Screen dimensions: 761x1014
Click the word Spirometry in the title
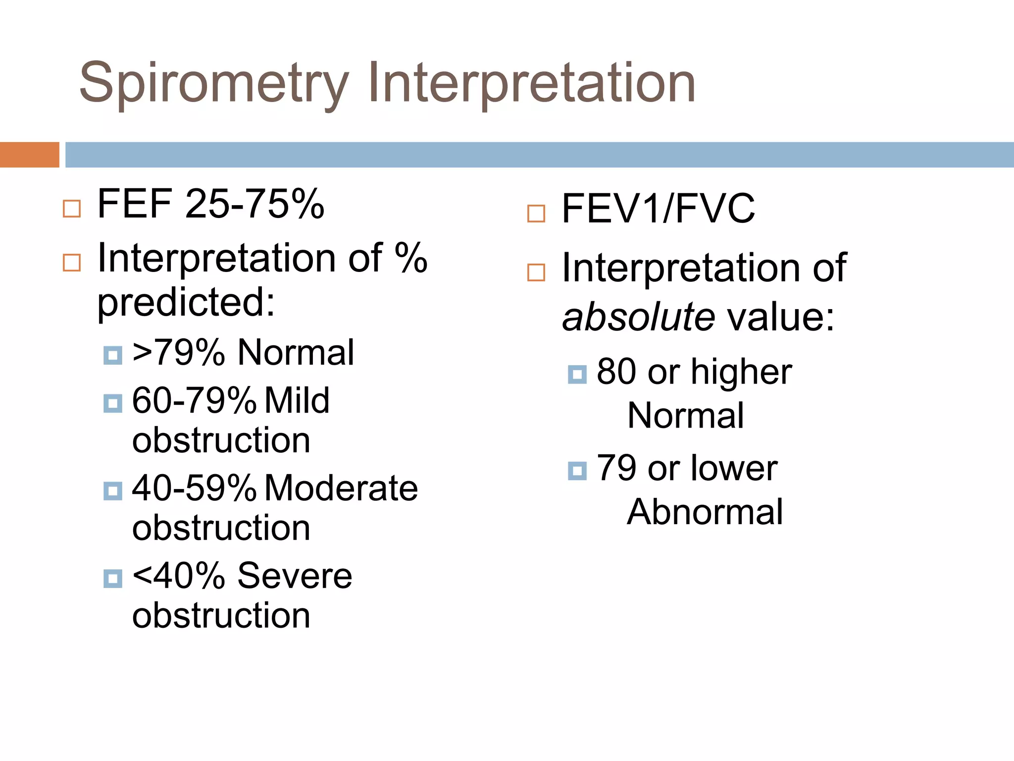point(214,83)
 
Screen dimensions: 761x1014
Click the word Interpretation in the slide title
point(531,83)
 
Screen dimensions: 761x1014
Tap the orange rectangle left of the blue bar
point(29,155)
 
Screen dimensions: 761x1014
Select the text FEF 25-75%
point(210,204)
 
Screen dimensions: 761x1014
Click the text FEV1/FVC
point(658,209)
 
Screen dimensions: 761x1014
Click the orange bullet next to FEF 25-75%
point(72,209)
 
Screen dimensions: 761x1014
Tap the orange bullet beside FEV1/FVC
point(536,214)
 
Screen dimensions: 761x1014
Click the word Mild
point(297,400)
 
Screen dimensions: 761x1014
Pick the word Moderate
point(341,488)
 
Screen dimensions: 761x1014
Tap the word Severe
point(295,576)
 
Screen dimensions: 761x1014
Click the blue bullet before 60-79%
point(113,403)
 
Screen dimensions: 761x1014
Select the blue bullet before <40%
point(113,578)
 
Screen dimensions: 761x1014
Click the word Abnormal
point(705,512)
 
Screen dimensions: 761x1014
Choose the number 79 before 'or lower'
point(616,468)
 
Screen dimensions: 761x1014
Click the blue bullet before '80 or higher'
point(577,375)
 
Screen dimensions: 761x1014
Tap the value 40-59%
point(194,488)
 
